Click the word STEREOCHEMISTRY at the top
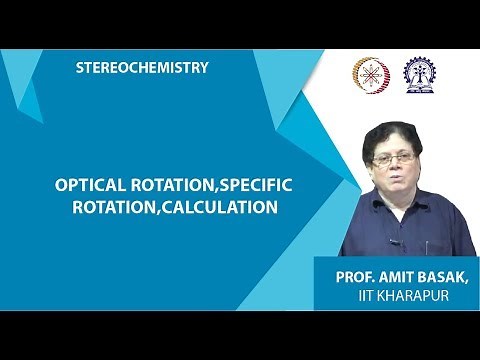coord(142,68)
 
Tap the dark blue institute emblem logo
coord(419,74)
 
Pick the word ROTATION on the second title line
coord(136,208)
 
